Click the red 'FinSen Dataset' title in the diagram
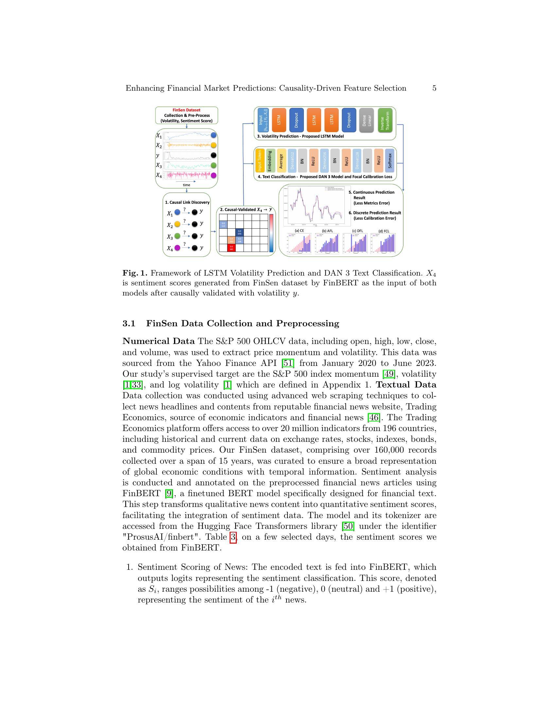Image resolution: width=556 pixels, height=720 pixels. pos(186,110)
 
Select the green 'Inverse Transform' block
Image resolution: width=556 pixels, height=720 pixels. pos(385,120)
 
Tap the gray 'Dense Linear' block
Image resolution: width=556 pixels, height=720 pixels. pos(366,120)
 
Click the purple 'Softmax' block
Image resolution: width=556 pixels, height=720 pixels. pos(390,161)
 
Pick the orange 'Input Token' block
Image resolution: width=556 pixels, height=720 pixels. pos(260,161)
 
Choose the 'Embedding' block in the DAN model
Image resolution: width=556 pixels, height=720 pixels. pos(270,161)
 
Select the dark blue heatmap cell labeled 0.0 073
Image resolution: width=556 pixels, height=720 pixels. pos(239,232)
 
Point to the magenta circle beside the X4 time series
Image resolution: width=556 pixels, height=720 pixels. pos(214,175)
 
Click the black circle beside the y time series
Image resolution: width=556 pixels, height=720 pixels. pos(214,155)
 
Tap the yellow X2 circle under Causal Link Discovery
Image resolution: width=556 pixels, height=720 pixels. pos(177,224)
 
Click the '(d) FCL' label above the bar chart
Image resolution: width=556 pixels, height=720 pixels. pos(383,231)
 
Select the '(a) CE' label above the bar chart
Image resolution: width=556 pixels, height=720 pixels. pos(299,231)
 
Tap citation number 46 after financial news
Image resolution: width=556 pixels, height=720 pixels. pos(374,417)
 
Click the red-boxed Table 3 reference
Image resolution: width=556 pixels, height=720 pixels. pos(233,537)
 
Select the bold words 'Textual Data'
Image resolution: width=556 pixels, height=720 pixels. pos(406,385)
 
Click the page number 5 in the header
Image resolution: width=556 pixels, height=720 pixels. pos(434,88)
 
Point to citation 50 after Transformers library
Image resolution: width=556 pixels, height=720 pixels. pos(348,526)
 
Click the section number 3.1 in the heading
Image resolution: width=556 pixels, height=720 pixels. pos(129,323)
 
